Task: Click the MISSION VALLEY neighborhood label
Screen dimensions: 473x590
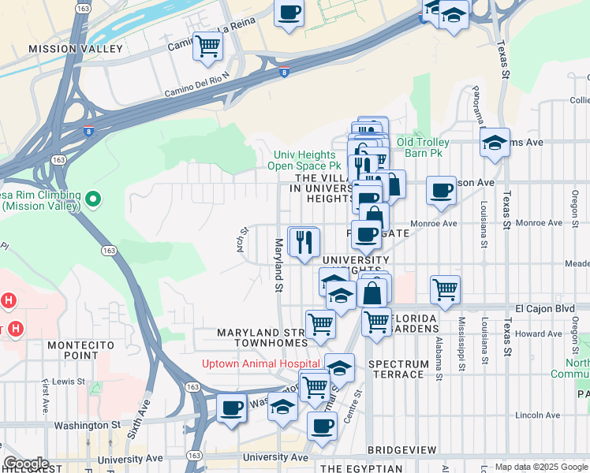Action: point(76,49)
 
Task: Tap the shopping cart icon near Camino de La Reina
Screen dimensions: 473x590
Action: point(207,47)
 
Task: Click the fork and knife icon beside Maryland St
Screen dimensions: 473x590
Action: point(304,241)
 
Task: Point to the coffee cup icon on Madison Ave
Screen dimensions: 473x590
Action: point(442,190)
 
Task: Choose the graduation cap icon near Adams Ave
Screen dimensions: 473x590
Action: point(495,143)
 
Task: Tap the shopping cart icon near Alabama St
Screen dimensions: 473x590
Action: point(446,289)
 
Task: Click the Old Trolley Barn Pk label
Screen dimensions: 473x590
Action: point(423,147)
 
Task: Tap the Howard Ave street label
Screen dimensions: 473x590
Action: point(538,334)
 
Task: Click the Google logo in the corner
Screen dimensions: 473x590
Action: point(25,464)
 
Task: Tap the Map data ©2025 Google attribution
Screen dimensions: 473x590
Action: point(540,467)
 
